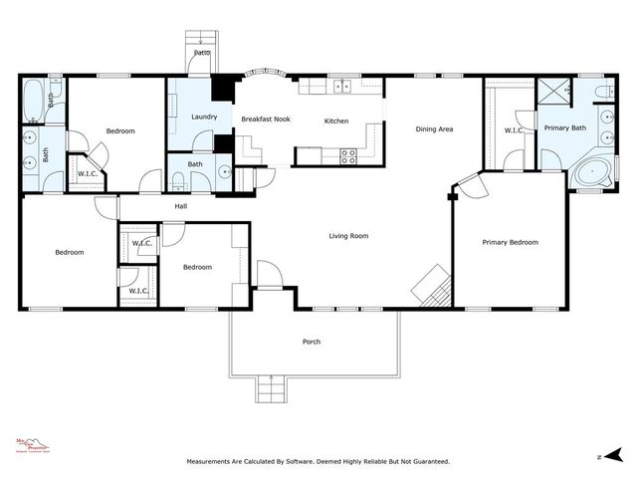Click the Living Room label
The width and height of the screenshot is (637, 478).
click(x=349, y=236)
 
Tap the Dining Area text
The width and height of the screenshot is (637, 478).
click(x=434, y=129)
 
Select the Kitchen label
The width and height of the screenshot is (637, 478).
click(x=336, y=121)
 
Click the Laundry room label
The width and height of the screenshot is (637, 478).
click(x=204, y=118)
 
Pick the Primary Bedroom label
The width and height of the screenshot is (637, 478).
click(x=510, y=242)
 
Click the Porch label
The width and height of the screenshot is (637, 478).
click(x=312, y=342)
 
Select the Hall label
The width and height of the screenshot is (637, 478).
click(x=181, y=206)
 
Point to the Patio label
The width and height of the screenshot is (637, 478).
click(x=202, y=52)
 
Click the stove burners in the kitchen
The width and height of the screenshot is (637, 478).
click(x=348, y=155)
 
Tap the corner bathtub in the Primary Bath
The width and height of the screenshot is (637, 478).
click(x=595, y=173)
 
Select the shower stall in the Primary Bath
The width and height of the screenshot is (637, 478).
click(x=553, y=91)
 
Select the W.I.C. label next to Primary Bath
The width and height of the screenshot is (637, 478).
click(x=514, y=129)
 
